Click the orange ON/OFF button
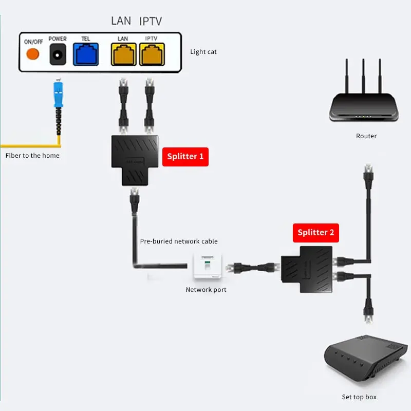(33, 54)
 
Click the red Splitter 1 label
(185, 156)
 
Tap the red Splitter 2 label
(315, 232)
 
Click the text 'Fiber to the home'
(32, 155)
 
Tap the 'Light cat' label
(203, 51)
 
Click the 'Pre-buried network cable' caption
(179, 241)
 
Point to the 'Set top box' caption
(359, 397)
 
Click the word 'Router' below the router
(366, 136)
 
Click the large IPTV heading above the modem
(151, 21)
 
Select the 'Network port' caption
(206, 290)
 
